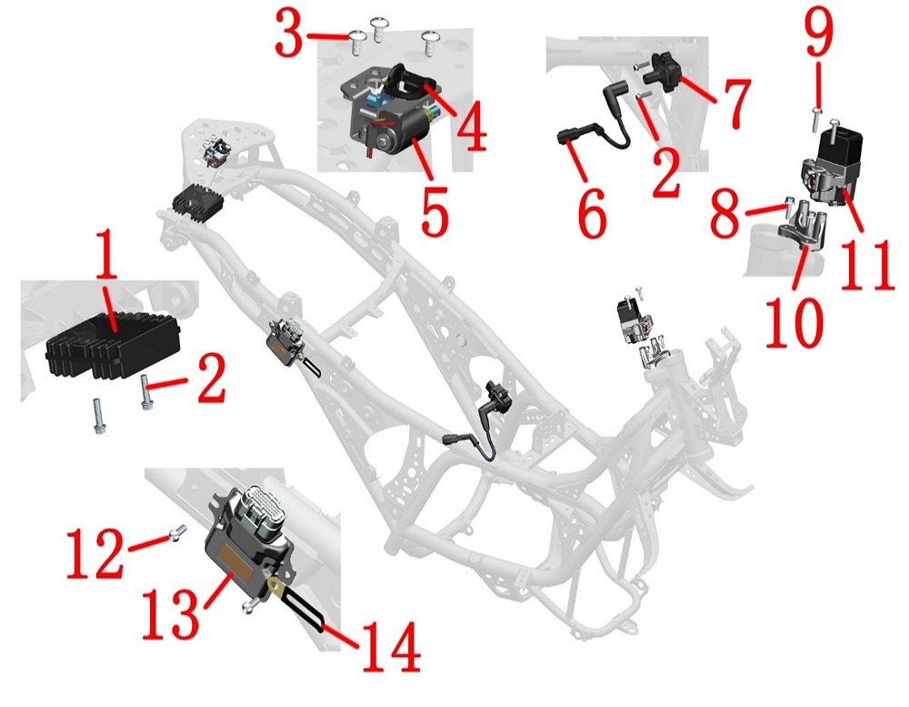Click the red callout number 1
(106, 254)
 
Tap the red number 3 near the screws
(289, 35)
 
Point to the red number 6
(592, 214)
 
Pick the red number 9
(818, 33)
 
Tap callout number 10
(794, 322)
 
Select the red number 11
(866, 265)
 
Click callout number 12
(95, 553)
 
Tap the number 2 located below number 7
(665, 172)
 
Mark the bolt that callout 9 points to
(815, 117)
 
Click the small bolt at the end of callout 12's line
(176, 531)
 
